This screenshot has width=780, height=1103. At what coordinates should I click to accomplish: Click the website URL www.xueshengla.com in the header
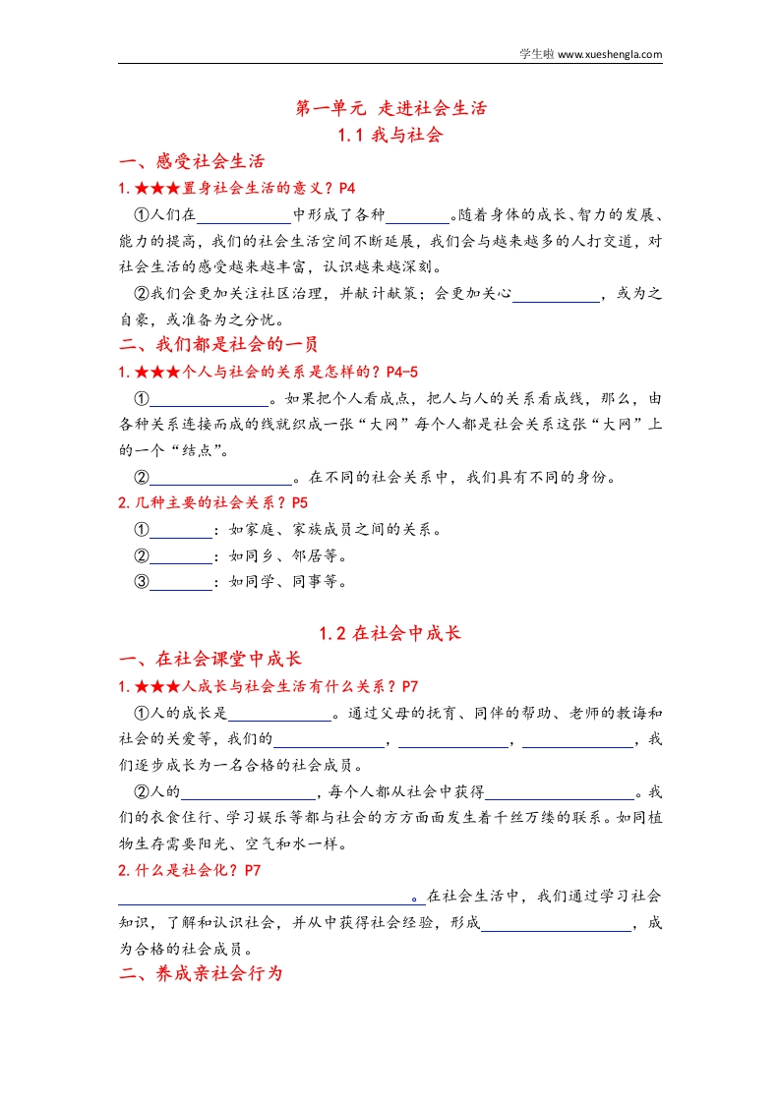(610, 55)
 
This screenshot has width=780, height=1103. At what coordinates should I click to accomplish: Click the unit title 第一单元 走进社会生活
(390, 108)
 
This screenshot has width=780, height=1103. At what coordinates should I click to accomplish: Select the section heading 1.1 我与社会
(390, 135)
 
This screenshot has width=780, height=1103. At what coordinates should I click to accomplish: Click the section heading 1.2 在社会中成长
(390, 634)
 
